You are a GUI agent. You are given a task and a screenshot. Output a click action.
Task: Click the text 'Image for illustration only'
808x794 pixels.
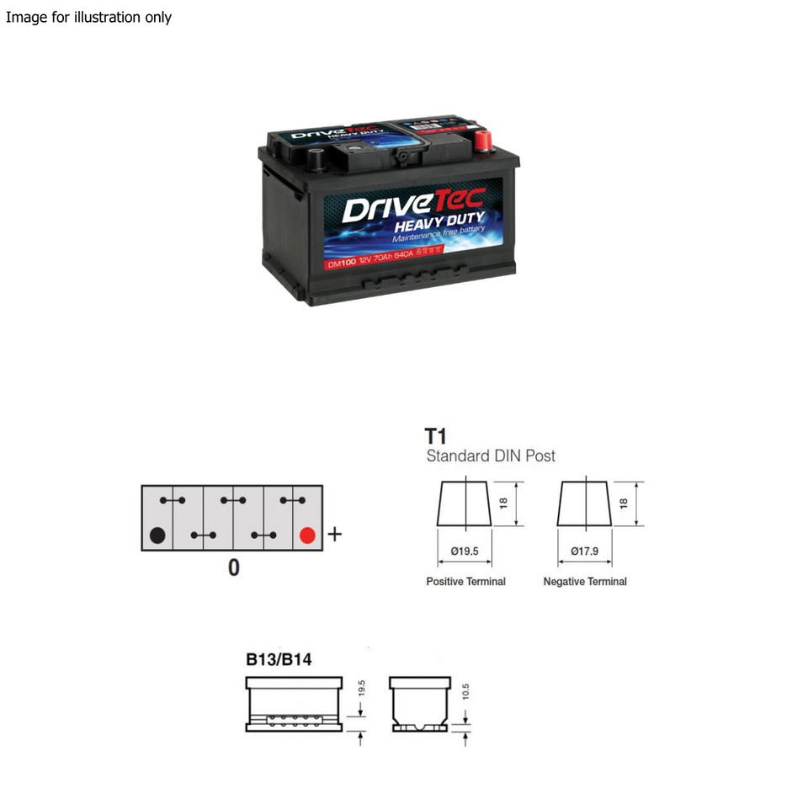pos(88,17)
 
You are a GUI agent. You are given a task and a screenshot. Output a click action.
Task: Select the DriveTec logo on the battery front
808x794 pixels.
pos(412,206)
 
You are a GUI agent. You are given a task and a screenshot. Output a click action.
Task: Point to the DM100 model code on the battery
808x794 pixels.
pos(342,263)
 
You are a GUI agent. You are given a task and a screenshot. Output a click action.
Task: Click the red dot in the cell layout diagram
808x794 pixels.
pos(307,535)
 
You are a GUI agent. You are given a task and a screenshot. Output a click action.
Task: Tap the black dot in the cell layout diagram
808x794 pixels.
pos(157,535)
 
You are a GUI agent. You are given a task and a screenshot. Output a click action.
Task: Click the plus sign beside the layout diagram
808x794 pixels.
pos(334,534)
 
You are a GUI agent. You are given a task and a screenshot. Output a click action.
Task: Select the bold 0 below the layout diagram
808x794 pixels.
pos(233,568)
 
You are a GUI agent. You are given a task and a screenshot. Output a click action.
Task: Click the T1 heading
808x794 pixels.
pos(435,436)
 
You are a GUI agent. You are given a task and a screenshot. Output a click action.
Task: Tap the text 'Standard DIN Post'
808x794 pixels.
pos(491,456)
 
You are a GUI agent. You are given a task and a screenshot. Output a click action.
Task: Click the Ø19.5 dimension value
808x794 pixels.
pos(465,551)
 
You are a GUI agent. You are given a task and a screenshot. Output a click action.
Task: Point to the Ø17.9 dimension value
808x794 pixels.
pos(584,551)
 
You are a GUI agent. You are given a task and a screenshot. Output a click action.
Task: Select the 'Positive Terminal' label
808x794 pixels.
pos(465,582)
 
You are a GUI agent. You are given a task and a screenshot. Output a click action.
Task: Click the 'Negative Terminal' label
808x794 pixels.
pos(585,582)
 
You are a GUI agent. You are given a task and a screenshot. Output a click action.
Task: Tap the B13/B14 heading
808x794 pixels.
pos(279,659)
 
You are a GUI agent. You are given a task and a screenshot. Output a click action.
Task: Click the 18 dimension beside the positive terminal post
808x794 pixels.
pos(503,503)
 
